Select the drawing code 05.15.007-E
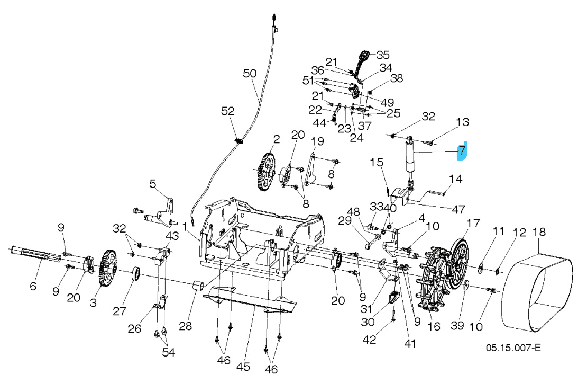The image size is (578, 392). click(x=513, y=348)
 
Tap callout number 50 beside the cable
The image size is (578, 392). click(x=250, y=74)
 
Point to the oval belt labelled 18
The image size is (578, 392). click(x=537, y=291)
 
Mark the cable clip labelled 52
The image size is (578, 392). click(x=238, y=141)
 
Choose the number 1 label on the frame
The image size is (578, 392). click(x=186, y=227)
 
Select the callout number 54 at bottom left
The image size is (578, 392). click(x=168, y=352)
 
